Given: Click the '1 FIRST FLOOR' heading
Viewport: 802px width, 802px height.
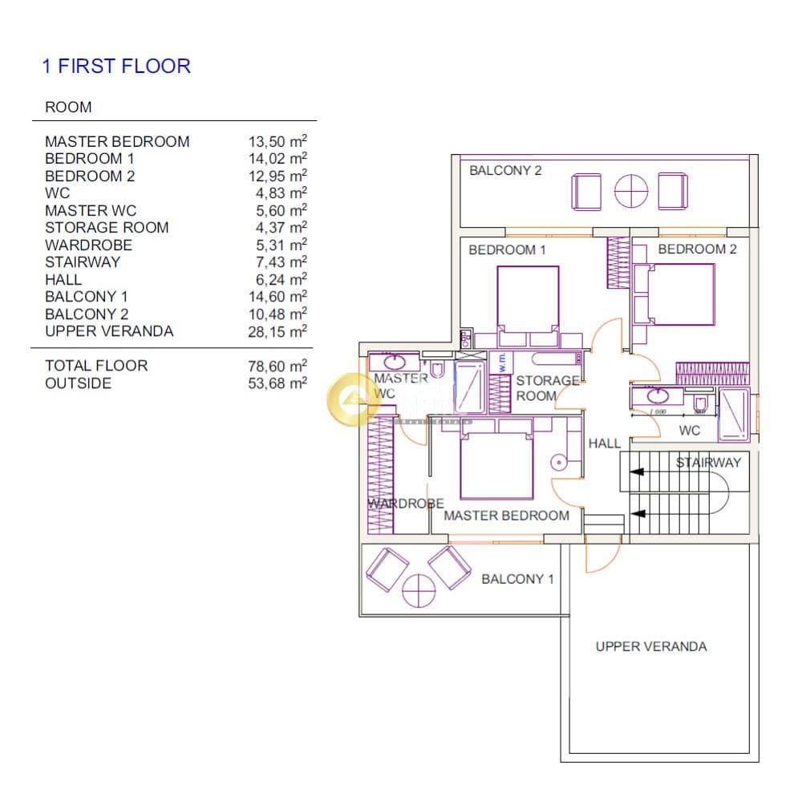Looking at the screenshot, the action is pyautogui.click(x=116, y=66).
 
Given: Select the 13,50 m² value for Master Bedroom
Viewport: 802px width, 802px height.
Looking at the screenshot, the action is pyautogui.click(x=277, y=141).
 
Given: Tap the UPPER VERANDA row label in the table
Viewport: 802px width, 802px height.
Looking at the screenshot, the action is pyautogui.click(x=109, y=331).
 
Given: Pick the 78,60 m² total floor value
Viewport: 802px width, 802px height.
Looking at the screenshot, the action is pyautogui.click(x=277, y=367).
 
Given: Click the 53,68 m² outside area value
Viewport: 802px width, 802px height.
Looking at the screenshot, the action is pyautogui.click(x=277, y=383).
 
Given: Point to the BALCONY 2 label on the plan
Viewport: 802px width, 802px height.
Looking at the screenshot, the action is pyautogui.click(x=505, y=170).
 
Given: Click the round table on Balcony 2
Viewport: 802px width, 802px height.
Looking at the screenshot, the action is pyautogui.click(x=630, y=192).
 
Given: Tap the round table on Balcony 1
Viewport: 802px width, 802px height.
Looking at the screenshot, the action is pyautogui.click(x=419, y=591).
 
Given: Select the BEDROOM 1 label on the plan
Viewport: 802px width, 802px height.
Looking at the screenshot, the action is pyautogui.click(x=507, y=249).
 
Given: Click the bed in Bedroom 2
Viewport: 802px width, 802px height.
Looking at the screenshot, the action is pyautogui.click(x=680, y=294).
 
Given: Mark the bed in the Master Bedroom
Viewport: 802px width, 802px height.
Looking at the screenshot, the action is pyautogui.click(x=496, y=465).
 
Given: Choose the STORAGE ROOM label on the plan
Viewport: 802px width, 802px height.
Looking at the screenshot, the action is pyautogui.click(x=547, y=388).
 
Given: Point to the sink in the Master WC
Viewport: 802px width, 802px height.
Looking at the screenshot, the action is pyautogui.click(x=395, y=363).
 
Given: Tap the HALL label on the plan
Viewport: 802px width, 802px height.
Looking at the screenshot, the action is pyautogui.click(x=604, y=444).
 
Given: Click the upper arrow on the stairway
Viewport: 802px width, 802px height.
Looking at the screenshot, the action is pyautogui.click(x=637, y=472).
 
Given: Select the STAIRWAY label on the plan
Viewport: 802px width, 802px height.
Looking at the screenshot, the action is pyautogui.click(x=708, y=463).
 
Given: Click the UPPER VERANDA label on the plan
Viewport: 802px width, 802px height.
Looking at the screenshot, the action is pyautogui.click(x=651, y=646).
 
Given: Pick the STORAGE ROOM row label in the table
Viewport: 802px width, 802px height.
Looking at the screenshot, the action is pyautogui.click(x=107, y=228).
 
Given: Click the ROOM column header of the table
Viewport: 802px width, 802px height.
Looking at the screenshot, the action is pyautogui.click(x=68, y=107).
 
